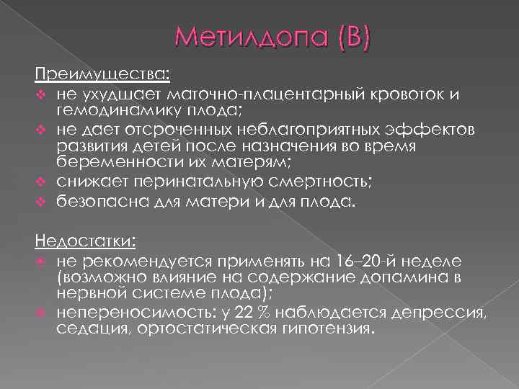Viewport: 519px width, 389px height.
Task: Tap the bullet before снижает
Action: point(42,179)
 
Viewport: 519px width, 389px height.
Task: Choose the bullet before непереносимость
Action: point(42,314)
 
